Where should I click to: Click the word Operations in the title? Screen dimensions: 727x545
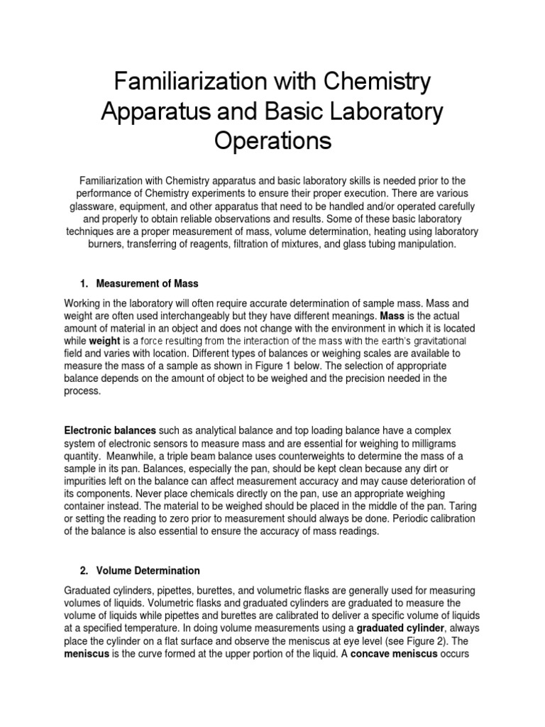pos(272,140)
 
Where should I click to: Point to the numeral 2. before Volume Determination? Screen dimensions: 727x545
pos(84,570)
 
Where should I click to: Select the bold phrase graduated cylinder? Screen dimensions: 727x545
pos(401,628)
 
